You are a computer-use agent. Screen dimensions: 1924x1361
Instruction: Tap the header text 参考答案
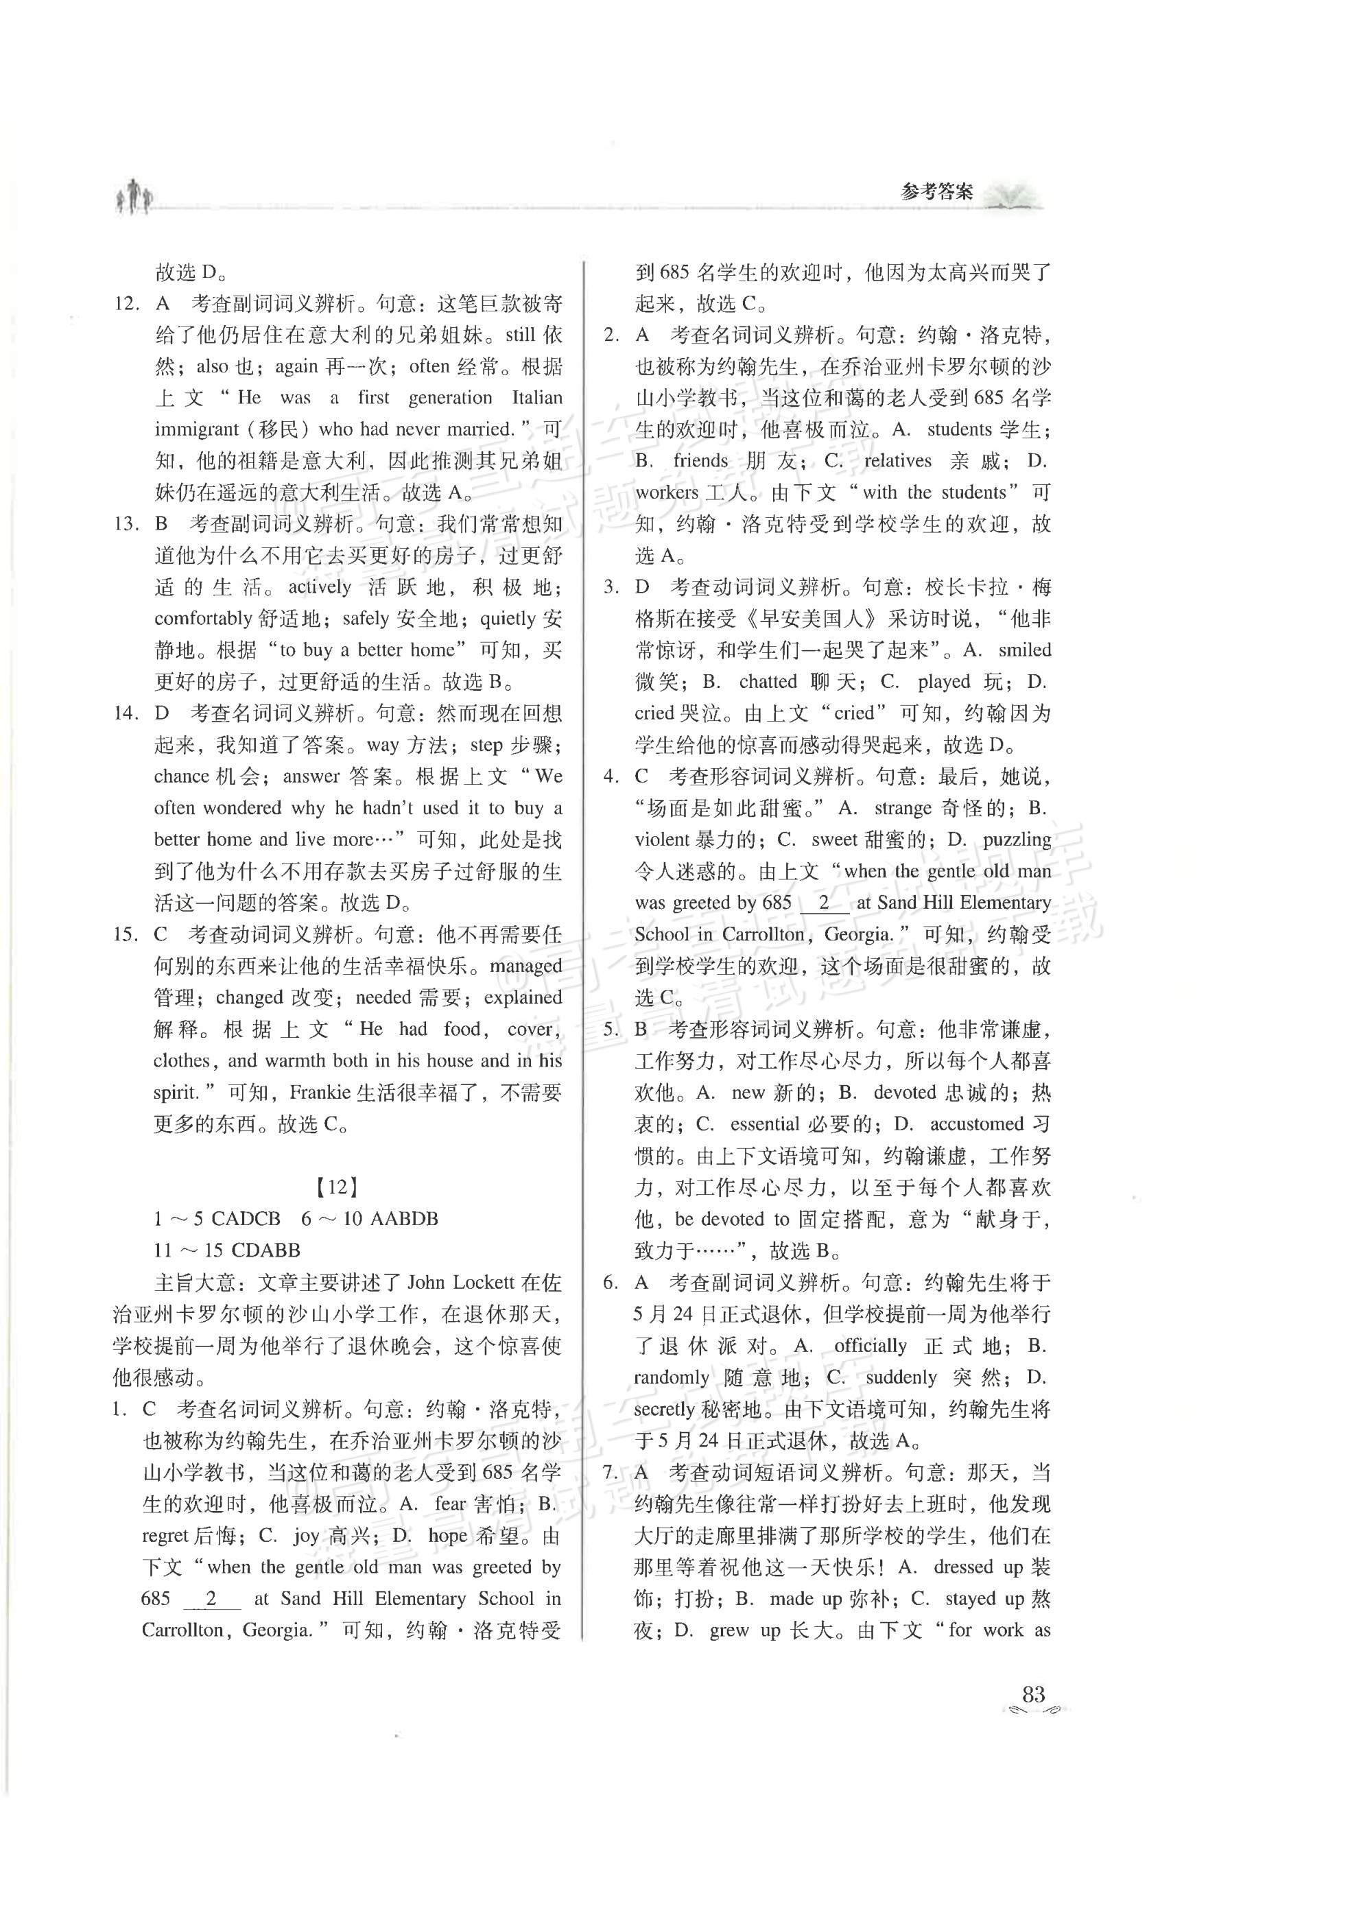(937, 192)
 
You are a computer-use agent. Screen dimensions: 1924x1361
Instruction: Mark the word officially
(870, 1346)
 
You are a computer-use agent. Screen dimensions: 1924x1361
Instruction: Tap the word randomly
(672, 1377)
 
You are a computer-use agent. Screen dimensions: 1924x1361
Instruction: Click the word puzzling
(1017, 840)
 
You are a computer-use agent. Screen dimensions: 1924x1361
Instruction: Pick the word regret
(165, 1536)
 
